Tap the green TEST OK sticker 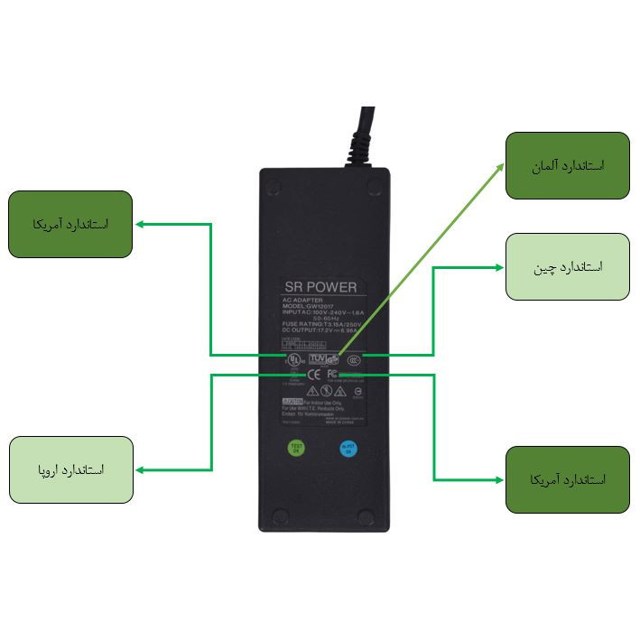295,447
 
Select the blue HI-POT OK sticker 348,447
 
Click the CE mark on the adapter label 313,374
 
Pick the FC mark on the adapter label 332,374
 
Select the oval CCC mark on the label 354,357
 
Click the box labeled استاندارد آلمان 567,166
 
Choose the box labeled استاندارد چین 567,267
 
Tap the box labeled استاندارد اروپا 71,470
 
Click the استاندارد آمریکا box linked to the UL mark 70,224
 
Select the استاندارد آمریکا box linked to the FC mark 567,479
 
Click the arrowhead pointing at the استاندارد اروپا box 139,470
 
